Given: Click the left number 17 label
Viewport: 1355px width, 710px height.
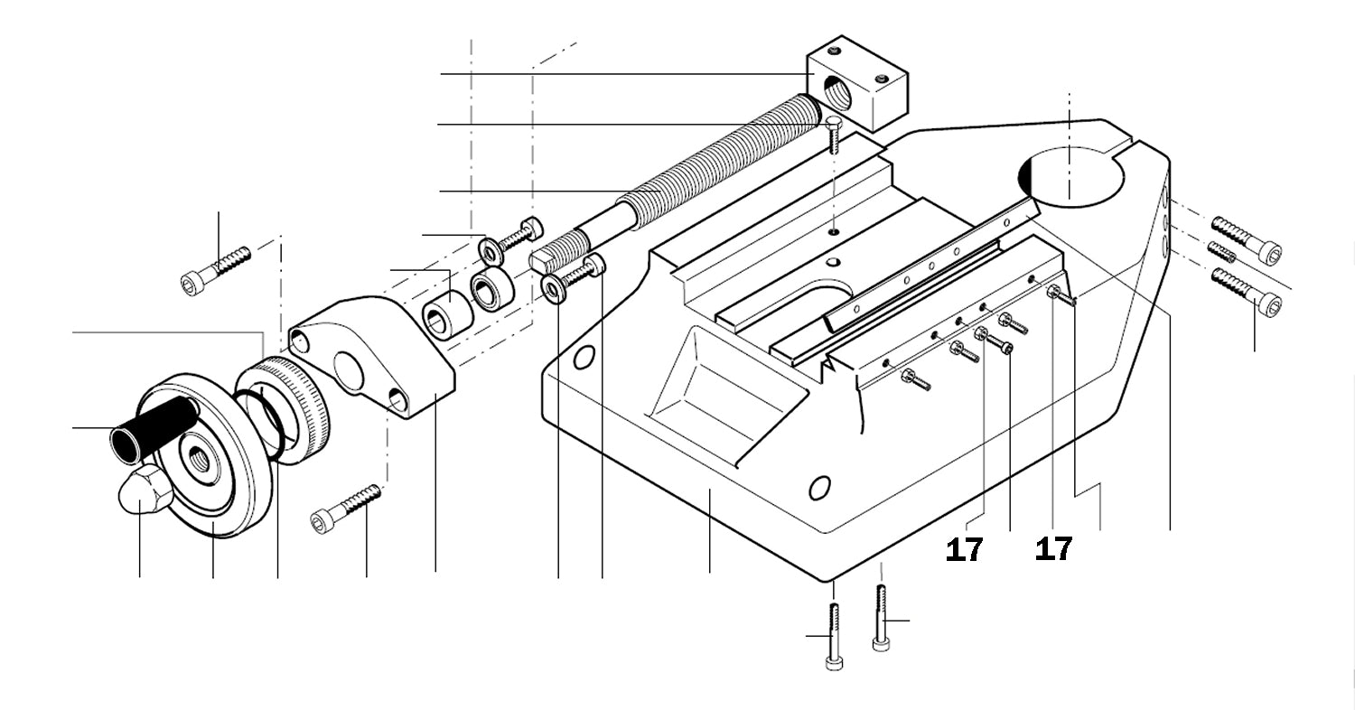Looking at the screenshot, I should [964, 548].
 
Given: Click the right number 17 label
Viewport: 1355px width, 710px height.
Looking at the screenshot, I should [1053, 548].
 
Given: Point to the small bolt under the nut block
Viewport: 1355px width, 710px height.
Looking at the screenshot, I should [833, 134].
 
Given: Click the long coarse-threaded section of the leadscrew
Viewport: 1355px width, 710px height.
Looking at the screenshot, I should [723, 154].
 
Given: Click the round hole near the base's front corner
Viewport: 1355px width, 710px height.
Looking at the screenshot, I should [819, 489].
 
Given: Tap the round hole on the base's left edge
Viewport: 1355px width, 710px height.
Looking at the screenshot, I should [584, 358].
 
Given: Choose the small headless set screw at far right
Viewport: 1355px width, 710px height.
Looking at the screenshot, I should [1222, 251].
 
